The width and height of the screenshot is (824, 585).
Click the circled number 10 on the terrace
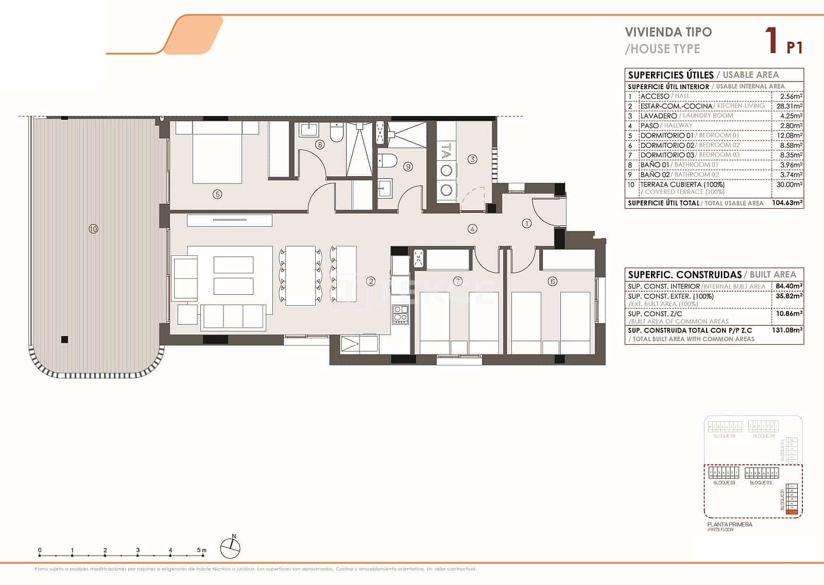93,229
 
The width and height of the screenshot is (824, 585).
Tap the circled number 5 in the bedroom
217,194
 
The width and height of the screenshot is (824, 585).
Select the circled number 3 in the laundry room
472,159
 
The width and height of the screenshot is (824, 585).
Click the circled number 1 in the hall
526,223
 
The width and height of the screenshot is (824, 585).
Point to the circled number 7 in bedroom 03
457,281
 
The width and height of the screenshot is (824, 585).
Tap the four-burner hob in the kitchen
400,314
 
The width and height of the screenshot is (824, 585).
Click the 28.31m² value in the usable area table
789,106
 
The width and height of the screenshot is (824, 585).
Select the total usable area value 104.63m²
787,203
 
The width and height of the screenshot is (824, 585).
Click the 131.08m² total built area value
787,330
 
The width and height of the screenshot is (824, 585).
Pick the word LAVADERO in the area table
658,116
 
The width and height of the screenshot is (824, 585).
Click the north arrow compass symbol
231,547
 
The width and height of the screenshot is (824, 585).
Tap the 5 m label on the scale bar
201,550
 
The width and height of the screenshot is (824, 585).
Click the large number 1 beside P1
771,40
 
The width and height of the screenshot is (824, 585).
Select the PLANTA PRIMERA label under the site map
729,524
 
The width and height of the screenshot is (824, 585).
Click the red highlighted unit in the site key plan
793,512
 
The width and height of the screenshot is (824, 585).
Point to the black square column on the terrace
64,339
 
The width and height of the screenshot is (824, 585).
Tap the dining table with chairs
300,275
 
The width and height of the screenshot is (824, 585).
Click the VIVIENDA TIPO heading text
668,32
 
